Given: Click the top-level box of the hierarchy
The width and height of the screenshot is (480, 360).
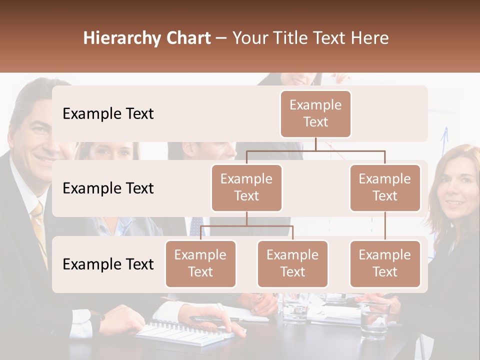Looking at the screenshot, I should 315,113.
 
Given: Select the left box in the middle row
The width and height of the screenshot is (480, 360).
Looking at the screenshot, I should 246,187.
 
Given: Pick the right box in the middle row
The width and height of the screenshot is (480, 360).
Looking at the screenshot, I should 385,187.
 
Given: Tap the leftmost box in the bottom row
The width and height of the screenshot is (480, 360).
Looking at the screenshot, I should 200,263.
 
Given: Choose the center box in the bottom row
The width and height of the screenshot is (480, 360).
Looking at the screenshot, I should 292,263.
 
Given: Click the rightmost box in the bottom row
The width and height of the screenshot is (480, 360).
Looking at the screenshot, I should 385,263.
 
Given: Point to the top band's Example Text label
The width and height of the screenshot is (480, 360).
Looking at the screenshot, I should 108,114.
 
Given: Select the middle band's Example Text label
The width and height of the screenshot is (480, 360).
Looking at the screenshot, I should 108,188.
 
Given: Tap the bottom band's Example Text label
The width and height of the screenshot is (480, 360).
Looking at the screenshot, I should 108,264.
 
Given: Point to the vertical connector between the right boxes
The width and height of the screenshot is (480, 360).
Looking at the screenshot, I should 385,226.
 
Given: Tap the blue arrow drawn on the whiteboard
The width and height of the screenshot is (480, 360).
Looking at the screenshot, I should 444,145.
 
